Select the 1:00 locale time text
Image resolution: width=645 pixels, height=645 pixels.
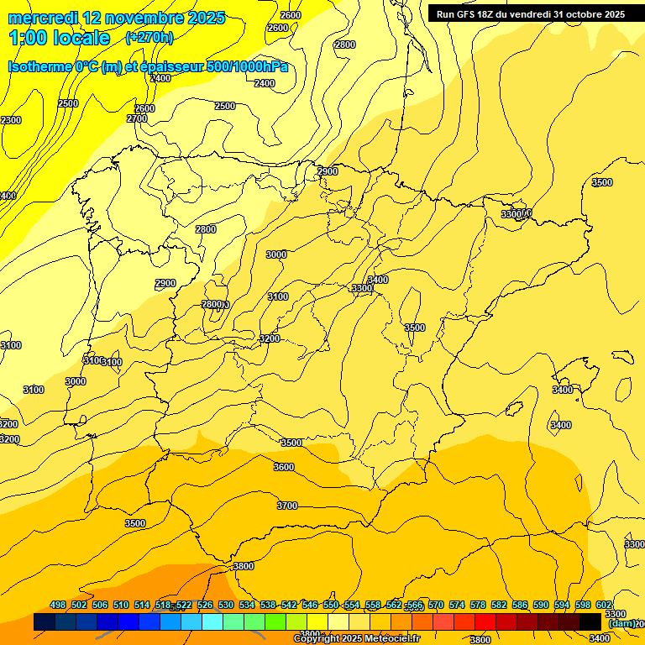(x=59, y=38)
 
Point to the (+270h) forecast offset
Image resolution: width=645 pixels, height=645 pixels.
(x=149, y=37)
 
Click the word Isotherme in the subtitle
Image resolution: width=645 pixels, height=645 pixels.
(x=39, y=66)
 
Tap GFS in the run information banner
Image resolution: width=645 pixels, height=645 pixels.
(x=465, y=14)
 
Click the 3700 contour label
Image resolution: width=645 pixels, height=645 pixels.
(x=287, y=506)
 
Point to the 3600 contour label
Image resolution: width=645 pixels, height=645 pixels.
(x=284, y=467)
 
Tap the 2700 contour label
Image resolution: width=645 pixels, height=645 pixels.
(x=137, y=118)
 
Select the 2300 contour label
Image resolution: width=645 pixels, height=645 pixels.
(x=11, y=120)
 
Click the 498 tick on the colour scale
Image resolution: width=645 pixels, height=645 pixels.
(x=58, y=606)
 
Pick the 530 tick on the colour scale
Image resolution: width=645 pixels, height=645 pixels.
(x=226, y=606)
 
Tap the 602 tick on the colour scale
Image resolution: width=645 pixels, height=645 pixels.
(x=604, y=606)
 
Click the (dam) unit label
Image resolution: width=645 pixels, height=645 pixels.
(x=621, y=623)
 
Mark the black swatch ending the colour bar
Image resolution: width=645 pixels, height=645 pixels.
(x=590, y=621)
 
